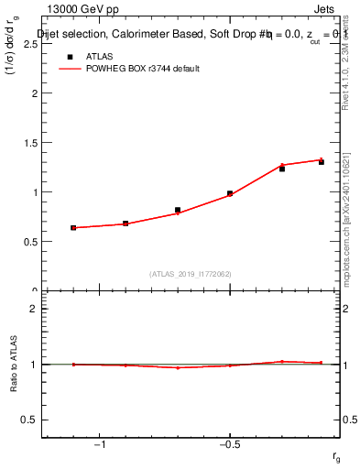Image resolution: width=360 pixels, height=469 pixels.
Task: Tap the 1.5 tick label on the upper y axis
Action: [x=29, y=143]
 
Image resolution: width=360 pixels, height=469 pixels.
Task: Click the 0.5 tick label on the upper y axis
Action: [x=29, y=242]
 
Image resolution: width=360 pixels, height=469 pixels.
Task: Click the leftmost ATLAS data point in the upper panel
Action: [x=73, y=227]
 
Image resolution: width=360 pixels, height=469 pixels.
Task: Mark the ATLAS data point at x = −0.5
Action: [x=230, y=193]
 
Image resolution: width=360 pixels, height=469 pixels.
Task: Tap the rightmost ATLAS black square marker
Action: [x=322, y=162]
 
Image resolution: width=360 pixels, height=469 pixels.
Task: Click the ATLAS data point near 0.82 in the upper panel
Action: [x=178, y=210]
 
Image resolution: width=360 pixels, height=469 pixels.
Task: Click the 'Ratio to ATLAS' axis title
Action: [x=14, y=365]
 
